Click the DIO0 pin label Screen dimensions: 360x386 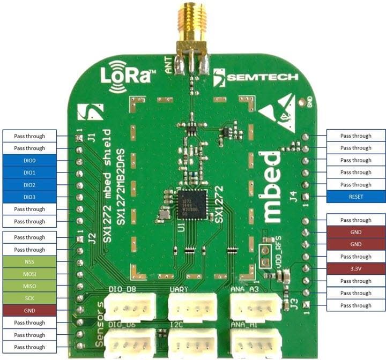[29, 160]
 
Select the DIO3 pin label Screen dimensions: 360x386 [29, 197]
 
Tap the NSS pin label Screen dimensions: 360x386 [29, 262]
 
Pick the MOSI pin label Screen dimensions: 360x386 [29, 274]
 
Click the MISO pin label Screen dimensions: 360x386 [29, 286]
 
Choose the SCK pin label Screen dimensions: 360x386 [29, 298]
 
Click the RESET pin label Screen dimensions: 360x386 [355, 197]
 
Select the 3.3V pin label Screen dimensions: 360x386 [355, 269]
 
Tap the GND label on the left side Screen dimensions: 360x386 [29, 311]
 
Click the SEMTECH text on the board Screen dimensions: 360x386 [263, 77]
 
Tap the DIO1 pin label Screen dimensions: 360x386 [29, 172]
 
